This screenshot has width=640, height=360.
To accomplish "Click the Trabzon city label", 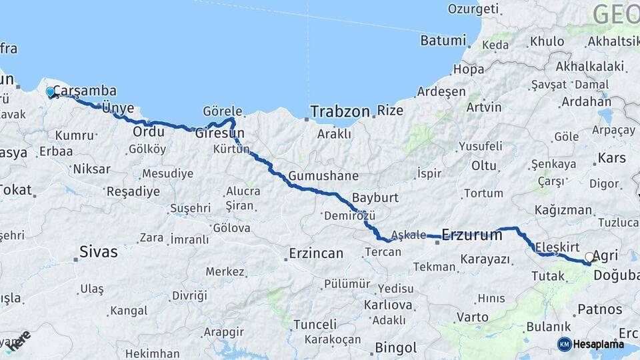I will pyautogui.click(x=339, y=111).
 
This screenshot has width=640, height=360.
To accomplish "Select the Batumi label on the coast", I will pyautogui.click(x=443, y=41).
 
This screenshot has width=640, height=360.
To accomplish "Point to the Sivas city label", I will pyautogui.click(x=98, y=252).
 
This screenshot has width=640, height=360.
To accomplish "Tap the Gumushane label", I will pyautogui.click(x=323, y=177).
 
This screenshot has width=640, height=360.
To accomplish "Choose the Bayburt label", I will pyautogui.click(x=375, y=198).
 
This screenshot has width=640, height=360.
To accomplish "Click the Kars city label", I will pyautogui.click(x=611, y=159).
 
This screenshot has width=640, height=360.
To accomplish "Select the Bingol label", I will pyautogui.click(x=396, y=347).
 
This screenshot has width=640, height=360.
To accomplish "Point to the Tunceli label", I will pyautogui.click(x=315, y=325).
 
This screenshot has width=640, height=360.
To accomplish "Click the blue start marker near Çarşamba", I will pyautogui.click(x=50, y=92).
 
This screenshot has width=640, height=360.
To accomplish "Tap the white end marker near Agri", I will pyautogui.click(x=589, y=257).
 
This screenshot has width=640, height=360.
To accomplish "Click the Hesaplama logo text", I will pyautogui.click(x=600, y=345).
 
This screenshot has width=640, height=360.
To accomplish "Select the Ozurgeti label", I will pyautogui.click(x=473, y=9).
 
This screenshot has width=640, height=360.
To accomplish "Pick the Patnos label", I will pyautogui.click(x=599, y=309).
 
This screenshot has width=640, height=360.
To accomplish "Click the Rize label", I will pyautogui.click(x=390, y=111).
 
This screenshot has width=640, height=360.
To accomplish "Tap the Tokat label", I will pyautogui.click(x=15, y=190).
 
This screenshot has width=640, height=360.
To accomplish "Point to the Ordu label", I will pyautogui.click(x=149, y=131).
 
